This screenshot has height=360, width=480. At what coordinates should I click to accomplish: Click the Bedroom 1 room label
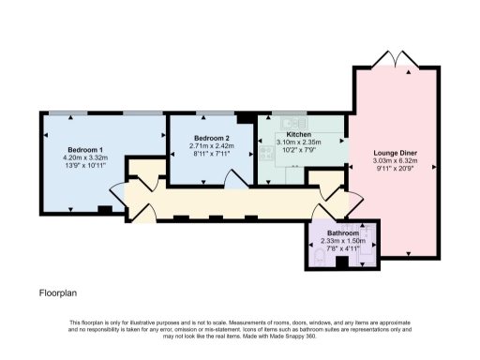85,150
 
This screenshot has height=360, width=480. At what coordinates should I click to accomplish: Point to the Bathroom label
343,232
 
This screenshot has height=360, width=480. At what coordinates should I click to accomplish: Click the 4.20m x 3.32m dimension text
85,159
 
